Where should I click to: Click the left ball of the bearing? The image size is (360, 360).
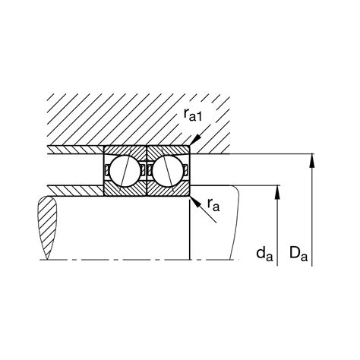[125, 171]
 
